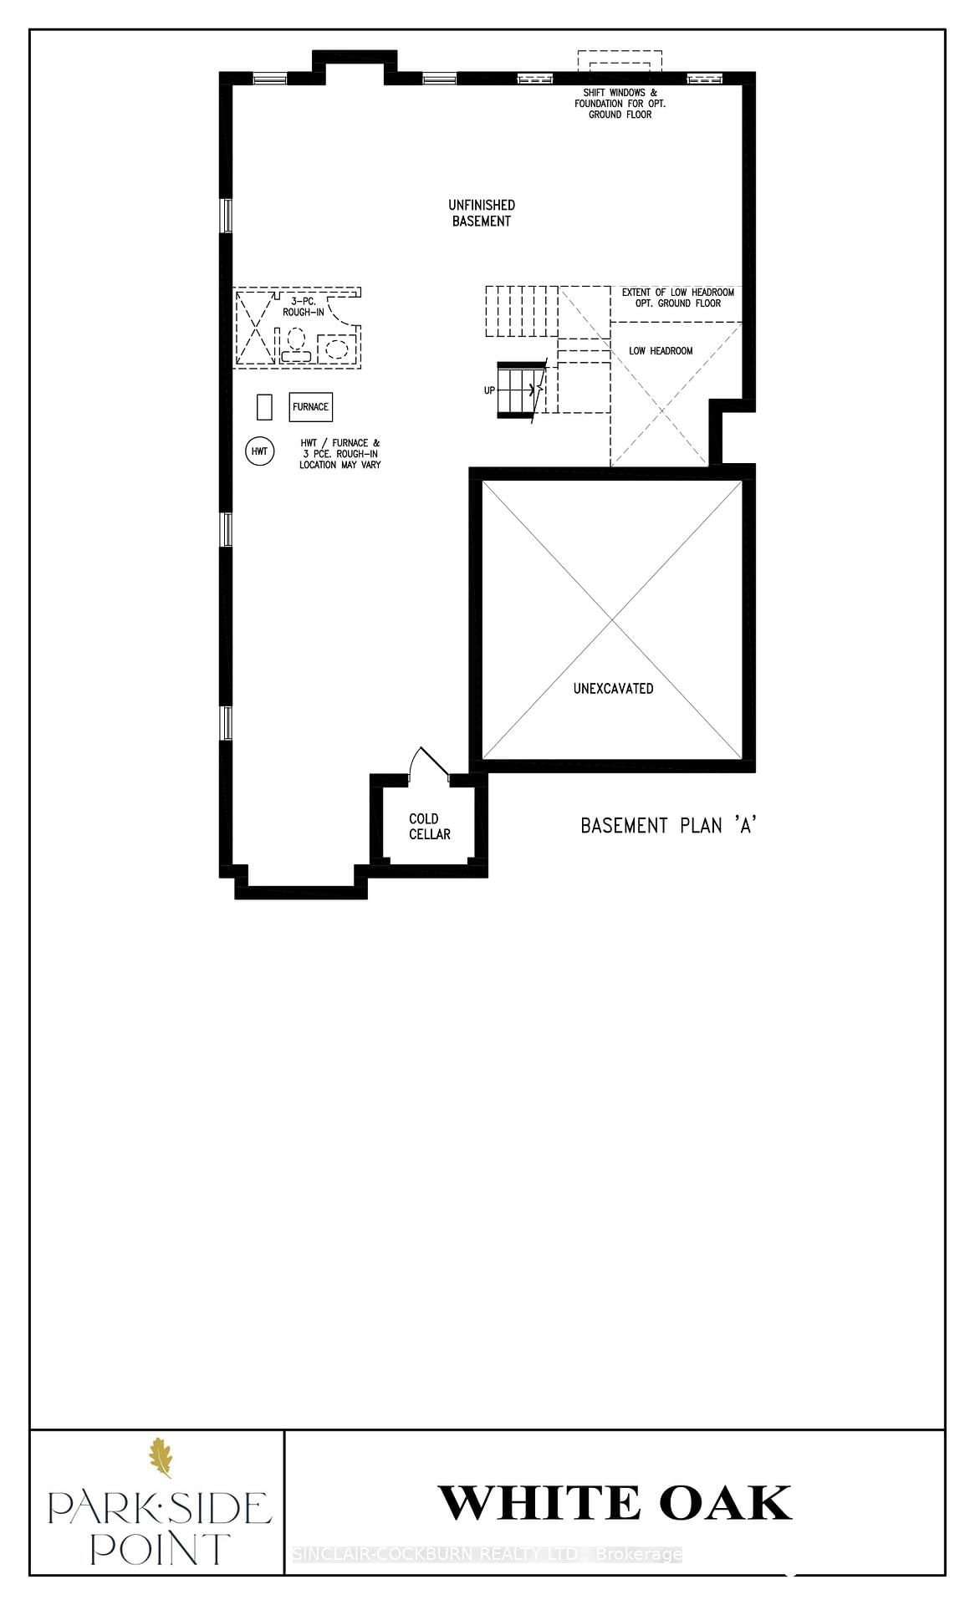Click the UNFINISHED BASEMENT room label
(481, 213)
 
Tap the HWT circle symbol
(260, 451)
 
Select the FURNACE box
(310, 407)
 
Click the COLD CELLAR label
(429, 826)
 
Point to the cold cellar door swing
(429, 762)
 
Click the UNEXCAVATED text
(613, 689)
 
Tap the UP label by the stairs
(489, 390)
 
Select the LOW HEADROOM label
(661, 351)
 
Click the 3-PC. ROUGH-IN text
(303, 306)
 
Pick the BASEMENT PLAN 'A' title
(668, 826)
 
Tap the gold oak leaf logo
(161, 1458)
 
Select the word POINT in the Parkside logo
(159, 1548)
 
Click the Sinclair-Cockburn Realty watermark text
(487, 1555)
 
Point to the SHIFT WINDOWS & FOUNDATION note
(620, 104)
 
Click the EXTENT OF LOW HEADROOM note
(677, 298)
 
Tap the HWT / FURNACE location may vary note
(339, 454)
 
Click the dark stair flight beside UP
(517, 390)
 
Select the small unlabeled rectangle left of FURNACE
(264, 407)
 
